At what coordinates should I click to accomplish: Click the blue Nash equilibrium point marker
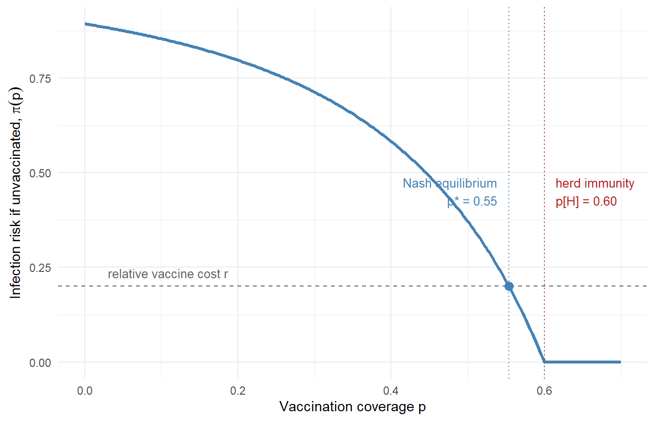(x=509, y=286)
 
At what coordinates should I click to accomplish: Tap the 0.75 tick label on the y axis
(x=40, y=78)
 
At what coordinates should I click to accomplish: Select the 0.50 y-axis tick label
(x=40, y=173)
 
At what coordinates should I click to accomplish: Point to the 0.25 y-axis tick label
(x=40, y=268)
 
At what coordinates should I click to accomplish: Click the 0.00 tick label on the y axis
(x=40, y=363)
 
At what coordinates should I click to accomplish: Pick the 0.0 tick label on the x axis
(x=85, y=391)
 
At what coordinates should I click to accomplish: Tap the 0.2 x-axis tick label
(x=238, y=391)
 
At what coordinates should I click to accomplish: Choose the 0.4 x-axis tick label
(x=391, y=391)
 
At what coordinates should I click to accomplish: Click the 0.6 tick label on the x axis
(x=544, y=391)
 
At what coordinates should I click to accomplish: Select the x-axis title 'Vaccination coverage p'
(x=352, y=407)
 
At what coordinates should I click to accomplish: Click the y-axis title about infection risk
(x=16, y=193)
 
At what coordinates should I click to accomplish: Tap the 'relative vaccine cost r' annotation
(x=168, y=274)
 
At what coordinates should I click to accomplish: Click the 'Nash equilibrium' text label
(x=450, y=184)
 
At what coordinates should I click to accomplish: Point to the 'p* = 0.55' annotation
(x=472, y=201)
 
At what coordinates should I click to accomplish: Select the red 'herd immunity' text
(x=595, y=184)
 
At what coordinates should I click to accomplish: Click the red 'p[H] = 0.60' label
(x=586, y=201)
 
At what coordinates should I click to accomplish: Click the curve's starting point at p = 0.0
(x=85, y=24)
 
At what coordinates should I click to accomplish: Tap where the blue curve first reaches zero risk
(x=544, y=362)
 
